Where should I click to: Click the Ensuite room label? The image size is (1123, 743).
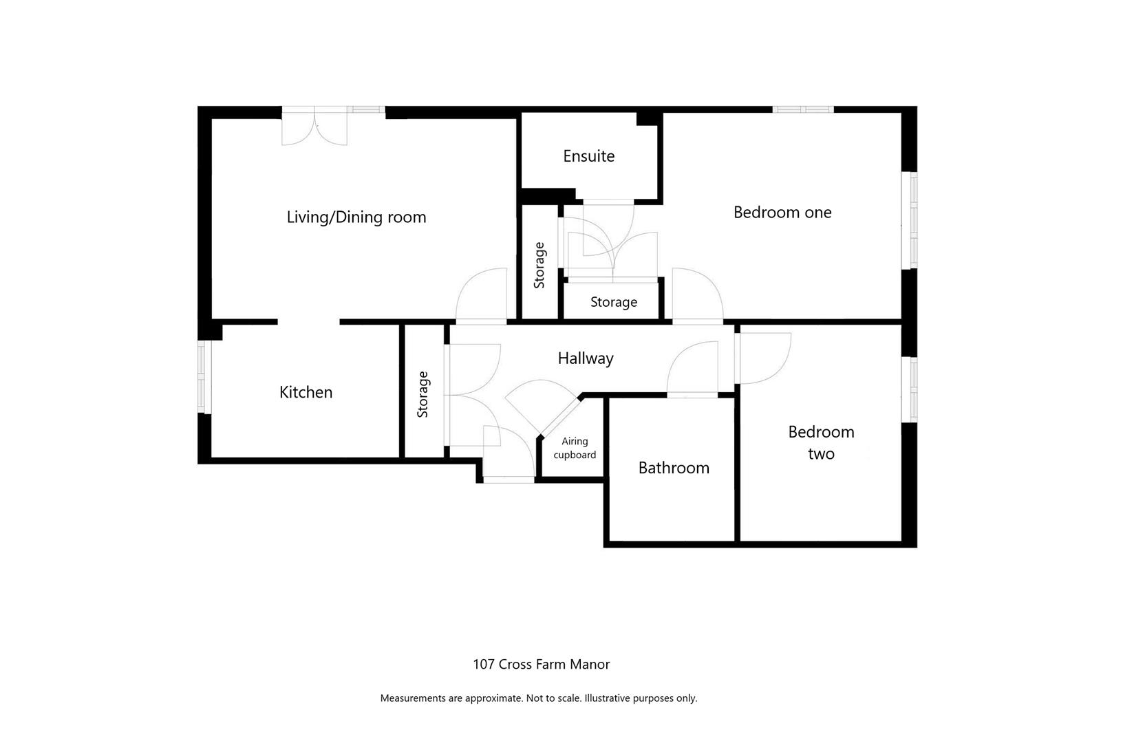588,156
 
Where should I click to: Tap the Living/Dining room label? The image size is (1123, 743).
356,217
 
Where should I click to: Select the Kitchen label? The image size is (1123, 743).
306,392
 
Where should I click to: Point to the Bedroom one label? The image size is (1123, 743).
782,213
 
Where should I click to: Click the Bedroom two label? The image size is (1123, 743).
821,442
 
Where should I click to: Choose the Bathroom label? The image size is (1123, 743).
674,468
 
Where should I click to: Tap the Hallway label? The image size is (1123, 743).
586,358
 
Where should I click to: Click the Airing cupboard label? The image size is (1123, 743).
575,448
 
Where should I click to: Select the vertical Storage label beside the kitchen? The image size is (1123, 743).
423,394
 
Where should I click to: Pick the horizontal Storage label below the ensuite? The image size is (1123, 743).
614,302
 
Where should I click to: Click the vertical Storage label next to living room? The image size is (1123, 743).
539,265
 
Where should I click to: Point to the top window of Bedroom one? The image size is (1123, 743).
802,109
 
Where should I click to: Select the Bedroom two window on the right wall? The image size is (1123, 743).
913,389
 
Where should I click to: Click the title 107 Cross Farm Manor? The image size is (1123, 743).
541,665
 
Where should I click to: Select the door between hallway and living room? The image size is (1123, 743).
482,296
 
